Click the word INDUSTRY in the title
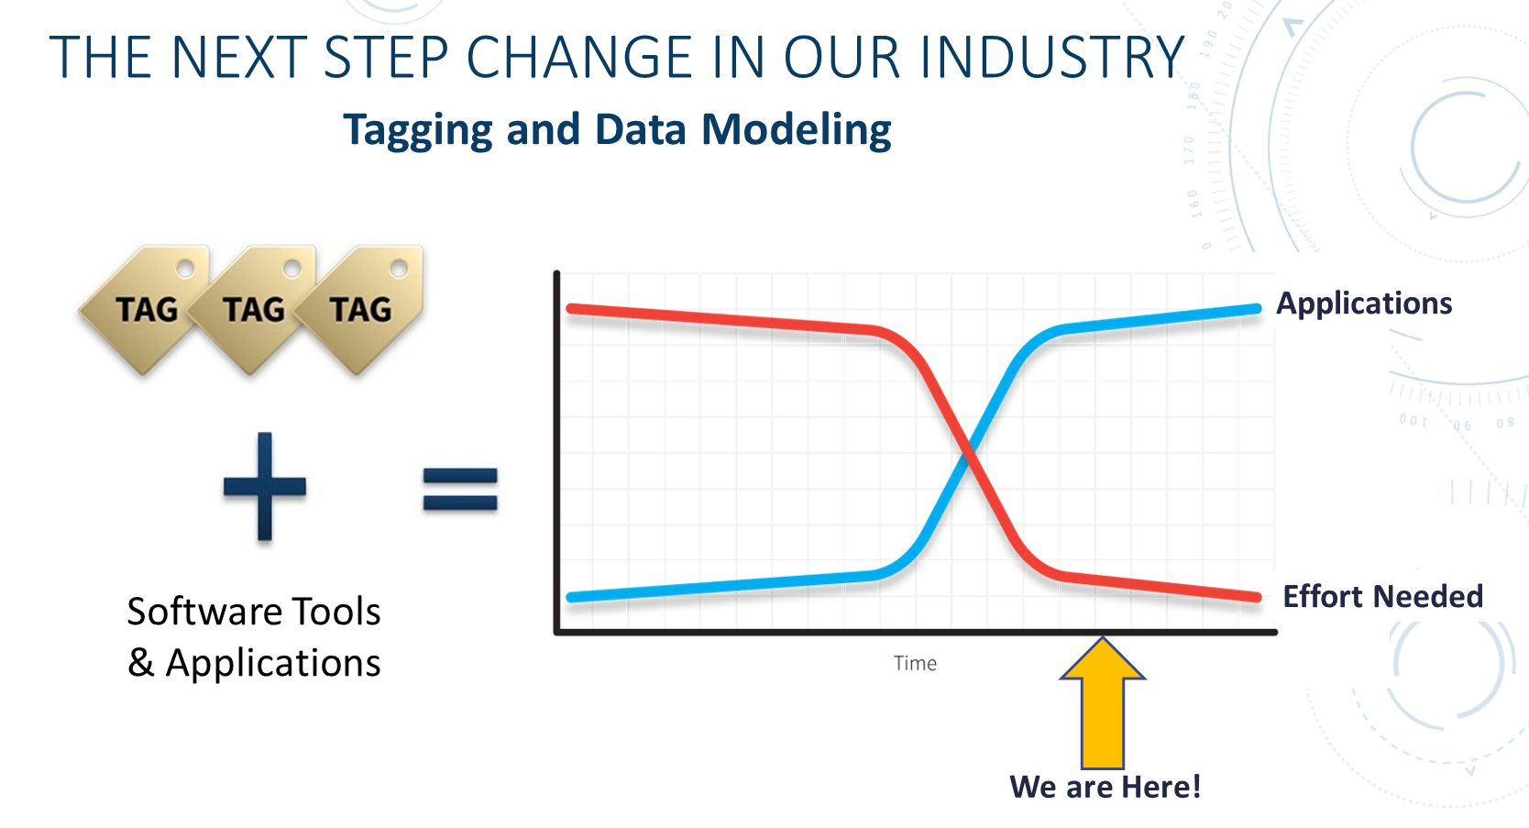tap(1051, 57)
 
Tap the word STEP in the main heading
tap(386, 57)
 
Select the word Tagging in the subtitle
tap(418, 130)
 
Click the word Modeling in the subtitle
tap(797, 130)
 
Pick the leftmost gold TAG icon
tap(145, 310)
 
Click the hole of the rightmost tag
tap(399, 269)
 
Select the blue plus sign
tap(265, 487)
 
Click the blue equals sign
tap(460, 489)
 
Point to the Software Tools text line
tap(254, 612)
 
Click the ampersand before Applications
tap(140, 663)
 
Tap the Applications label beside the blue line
tap(1364, 304)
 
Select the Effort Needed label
tap(1383, 597)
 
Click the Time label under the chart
tap(916, 664)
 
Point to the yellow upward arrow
tap(1103, 703)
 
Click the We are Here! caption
tap(1105, 787)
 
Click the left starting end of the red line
tap(571, 309)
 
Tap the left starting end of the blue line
tap(571, 598)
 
